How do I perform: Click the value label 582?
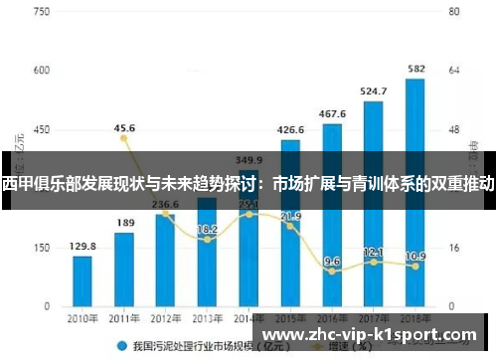coord(417,69)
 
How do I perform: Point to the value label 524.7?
coord(375,90)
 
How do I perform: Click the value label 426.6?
coord(290,129)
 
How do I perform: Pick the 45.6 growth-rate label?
coord(125,127)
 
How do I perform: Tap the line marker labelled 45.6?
coord(124,138)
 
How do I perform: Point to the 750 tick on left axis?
coord(41,12)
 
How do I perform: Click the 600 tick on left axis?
coord(41,71)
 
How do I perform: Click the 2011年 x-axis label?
coord(124,318)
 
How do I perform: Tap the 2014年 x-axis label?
coord(248,318)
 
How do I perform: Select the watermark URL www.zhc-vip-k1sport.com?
coord(374,335)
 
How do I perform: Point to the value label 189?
coord(125,223)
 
